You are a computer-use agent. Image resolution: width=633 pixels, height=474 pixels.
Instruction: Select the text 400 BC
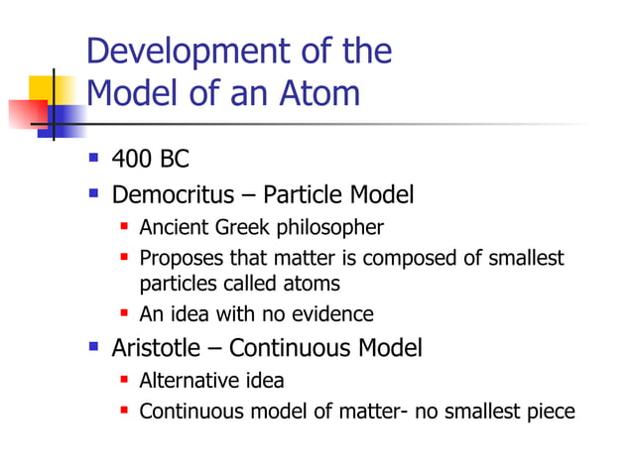(151, 159)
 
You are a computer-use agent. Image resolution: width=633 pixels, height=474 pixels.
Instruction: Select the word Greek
(241, 228)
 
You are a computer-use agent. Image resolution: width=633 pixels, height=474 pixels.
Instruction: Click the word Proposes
(179, 260)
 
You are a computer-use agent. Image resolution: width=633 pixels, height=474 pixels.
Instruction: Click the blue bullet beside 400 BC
(93, 159)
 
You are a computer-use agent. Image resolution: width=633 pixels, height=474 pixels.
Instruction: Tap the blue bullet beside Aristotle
(93, 348)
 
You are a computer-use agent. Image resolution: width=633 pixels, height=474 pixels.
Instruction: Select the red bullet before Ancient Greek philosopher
(125, 228)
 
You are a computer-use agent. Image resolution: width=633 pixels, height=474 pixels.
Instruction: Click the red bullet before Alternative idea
(125, 381)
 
